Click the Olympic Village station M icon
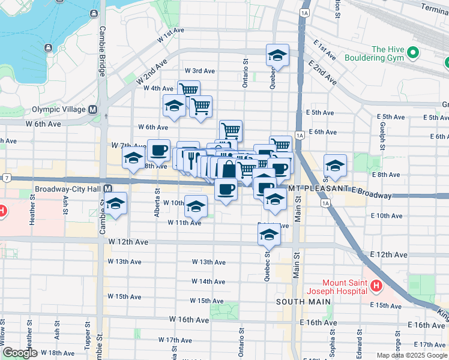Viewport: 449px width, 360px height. tap(93, 110)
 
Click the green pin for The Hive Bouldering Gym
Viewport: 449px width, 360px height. tap(412, 54)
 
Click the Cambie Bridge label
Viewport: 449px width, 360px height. tap(102, 51)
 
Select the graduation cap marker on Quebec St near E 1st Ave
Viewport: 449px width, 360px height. tap(277, 56)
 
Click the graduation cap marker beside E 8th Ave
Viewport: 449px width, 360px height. tap(335, 164)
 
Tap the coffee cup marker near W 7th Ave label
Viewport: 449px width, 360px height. tap(159, 150)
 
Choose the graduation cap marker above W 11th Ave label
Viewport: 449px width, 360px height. tap(196, 207)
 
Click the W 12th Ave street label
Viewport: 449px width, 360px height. tap(128, 241)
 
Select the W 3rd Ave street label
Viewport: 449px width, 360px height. tap(199, 71)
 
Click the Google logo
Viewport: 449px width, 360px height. tap(19, 352)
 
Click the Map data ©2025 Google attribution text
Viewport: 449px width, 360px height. tap(411, 355)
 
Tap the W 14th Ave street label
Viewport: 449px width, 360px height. tap(208, 281)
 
